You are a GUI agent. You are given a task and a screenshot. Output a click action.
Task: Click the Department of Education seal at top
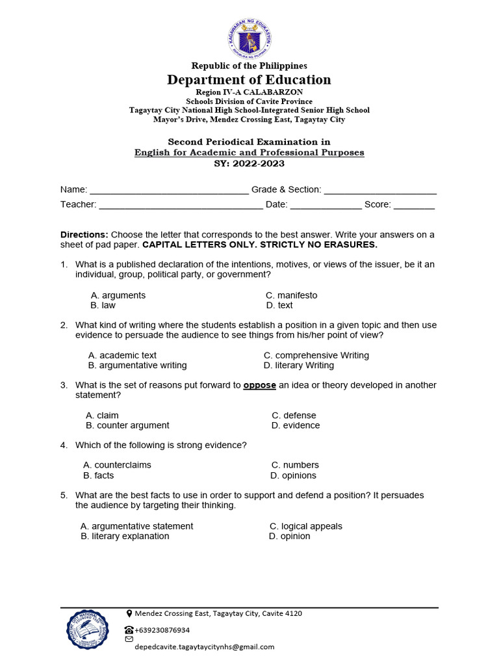tap(249, 38)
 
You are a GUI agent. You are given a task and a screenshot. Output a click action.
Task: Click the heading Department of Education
tap(249, 80)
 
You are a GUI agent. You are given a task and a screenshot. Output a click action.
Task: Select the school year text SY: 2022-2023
tap(249, 164)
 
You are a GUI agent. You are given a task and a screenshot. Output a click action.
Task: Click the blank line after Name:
tap(169, 191)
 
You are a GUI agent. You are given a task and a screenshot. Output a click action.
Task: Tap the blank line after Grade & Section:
tap(380, 191)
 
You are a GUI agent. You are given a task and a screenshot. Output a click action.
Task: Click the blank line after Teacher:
tap(181, 205)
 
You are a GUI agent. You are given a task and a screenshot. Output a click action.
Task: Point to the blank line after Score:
tap(415, 205)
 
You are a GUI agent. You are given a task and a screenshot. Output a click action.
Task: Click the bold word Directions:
tap(84, 235)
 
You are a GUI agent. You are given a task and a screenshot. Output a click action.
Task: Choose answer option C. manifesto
tap(292, 295)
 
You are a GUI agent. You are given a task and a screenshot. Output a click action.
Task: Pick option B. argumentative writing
tap(137, 366)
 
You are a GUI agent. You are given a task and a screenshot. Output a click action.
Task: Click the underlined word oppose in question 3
tap(260, 385)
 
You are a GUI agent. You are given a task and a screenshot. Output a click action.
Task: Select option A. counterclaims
tap(117, 465)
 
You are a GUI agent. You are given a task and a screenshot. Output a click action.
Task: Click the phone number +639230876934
tap(162, 630)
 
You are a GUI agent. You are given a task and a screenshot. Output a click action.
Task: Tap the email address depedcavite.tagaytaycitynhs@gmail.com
tap(204, 646)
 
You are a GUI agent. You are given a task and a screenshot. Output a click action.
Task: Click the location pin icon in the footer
tap(129, 613)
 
